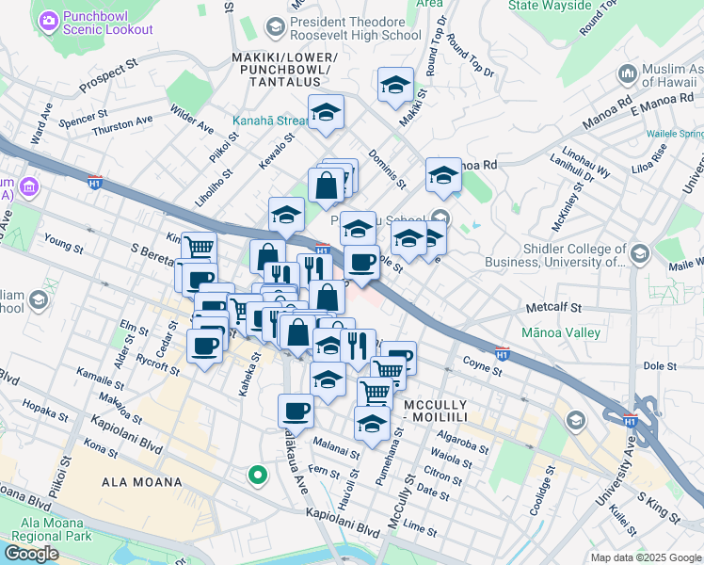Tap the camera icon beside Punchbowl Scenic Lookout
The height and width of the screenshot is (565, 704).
(x=48, y=20)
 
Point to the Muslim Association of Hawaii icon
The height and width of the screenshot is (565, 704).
(x=628, y=73)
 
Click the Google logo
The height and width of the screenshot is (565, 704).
(x=32, y=554)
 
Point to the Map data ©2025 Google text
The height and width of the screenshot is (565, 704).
(x=645, y=557)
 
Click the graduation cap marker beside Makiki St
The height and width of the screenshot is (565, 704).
(x=396, y=83)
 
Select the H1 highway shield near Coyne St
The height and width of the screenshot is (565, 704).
(x=503, y=354)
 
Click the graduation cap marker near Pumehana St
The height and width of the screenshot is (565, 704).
(x=373, y=422)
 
